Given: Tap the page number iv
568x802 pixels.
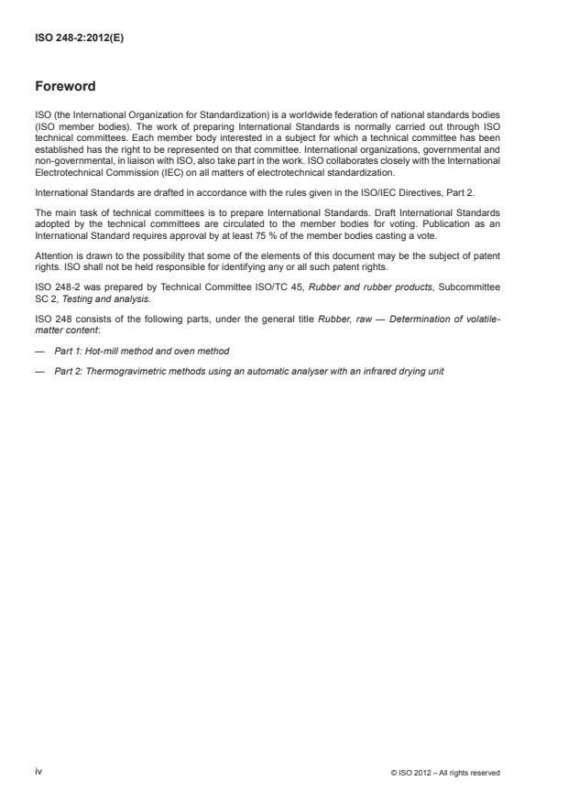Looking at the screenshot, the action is click(x=38, y=772).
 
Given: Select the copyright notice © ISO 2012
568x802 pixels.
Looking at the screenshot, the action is click(x=444, y=773).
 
